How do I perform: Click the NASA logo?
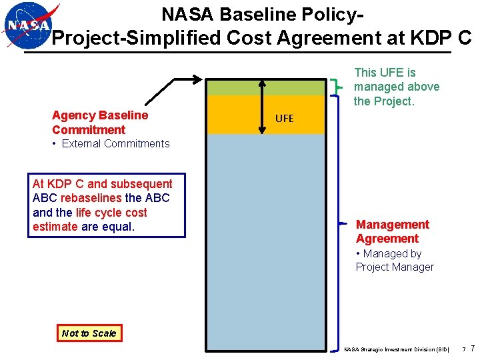(x=27, y=26)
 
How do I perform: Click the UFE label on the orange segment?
(x=284, y=118)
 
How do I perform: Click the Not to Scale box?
(x=89, y=333)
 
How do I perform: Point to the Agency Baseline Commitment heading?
(x=100, y=123)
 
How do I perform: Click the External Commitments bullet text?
(x=115, y=143)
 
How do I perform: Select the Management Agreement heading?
(x=392, y=231)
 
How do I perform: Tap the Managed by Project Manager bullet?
(x=394, y=260)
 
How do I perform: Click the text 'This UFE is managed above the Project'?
(x=397, y=87)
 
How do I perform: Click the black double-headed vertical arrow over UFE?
(x=262, y=107)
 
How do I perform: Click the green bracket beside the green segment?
(x=339, y=87)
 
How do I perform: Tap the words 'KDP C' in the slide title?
(x=441, y=38)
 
